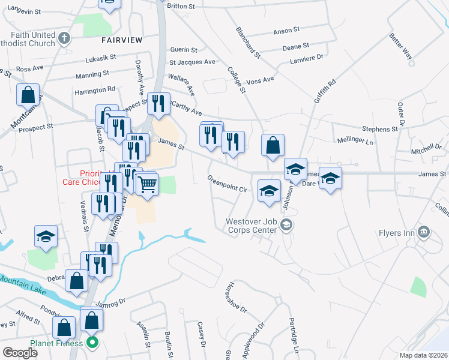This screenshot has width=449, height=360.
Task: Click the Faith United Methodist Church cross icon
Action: (65, 40)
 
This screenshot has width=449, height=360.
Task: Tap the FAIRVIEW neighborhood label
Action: (122, 40)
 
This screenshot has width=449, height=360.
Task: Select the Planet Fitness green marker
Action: (92, 344)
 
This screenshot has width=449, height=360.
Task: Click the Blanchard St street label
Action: (248, 42)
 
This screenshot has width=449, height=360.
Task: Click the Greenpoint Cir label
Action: (228, 184)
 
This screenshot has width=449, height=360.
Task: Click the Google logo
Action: (20, 352)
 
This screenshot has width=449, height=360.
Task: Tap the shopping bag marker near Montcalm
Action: (28, 95)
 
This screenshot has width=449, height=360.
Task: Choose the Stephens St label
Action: (380, 129)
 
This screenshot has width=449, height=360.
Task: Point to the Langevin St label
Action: (24, 11)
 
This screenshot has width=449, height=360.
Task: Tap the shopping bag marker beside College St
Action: (273, 145)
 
